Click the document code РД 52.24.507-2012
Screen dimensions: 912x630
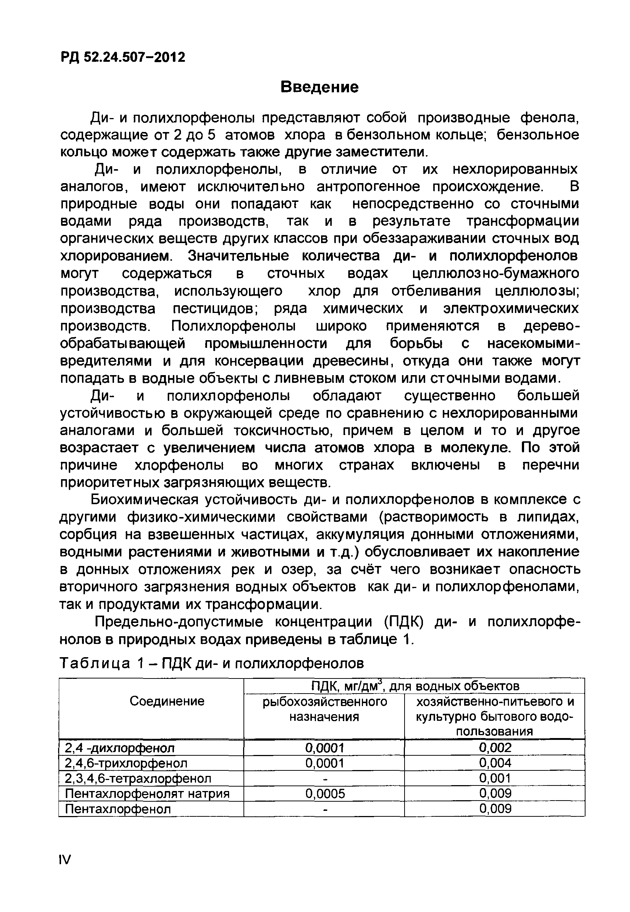click(123, 58)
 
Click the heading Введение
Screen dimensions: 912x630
click(319, 87)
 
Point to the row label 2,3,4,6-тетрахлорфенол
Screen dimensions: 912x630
click(138, 778)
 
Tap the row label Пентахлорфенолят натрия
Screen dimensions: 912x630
click(147, 794)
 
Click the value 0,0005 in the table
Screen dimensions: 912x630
click(325, 794)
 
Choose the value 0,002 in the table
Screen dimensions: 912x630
click(495, 748)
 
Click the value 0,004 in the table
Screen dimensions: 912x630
click(495, 763)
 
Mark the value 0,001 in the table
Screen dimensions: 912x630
click(495, 778)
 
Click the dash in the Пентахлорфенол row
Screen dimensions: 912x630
click(325, 809)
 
